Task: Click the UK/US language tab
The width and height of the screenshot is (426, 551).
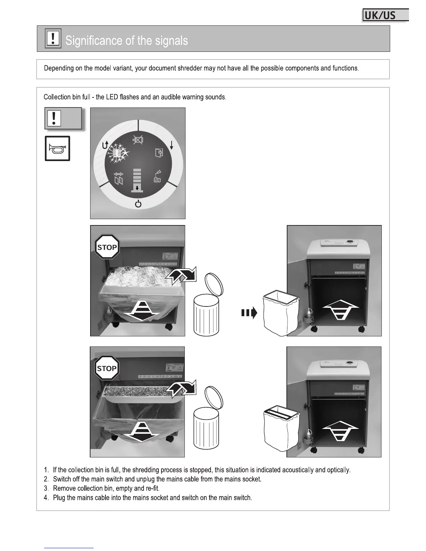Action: tap(385, 16)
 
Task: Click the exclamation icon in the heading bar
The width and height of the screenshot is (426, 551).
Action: tap(53, 38)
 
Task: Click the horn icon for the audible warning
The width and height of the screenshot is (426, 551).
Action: tap(57, 149)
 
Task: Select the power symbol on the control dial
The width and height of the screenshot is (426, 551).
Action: tap(138, 204)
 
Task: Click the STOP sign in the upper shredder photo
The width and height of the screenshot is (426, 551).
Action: tap(107, 247)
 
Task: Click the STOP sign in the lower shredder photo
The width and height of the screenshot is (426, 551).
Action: tap(107, 368)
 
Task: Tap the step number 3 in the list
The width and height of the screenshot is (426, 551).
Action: tap(46, 488)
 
